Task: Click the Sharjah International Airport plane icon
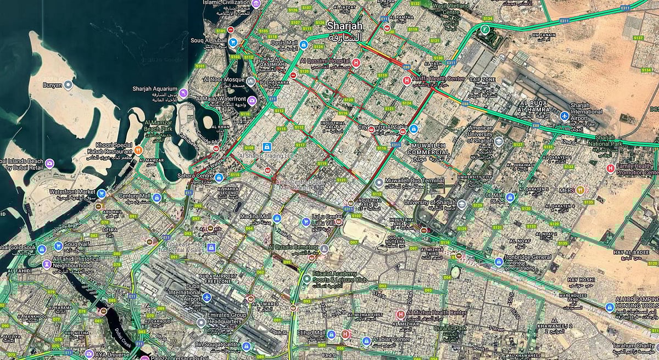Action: click(x=564, y=116)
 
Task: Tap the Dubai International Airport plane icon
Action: click(x=206, y=297)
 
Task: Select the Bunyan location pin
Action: click(x=68, y=85)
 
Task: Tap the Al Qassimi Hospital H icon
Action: click(x=356, y=63)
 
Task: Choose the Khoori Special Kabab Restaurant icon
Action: click(x=138, y=148)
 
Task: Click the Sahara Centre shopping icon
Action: click(x=219, y=177)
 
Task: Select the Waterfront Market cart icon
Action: click(x=101, y=193)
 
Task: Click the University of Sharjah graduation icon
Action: click(x=462, y=205)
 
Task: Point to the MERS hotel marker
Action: click(x=580, y=190)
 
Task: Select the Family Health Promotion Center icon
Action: click(x=610, y=168)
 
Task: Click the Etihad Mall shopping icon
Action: click(x=331, y=334)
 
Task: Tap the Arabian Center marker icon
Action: click(x=366, y=341)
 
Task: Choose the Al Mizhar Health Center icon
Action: click(x=400, y=314)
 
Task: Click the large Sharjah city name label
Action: click(x=345, y=26)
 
